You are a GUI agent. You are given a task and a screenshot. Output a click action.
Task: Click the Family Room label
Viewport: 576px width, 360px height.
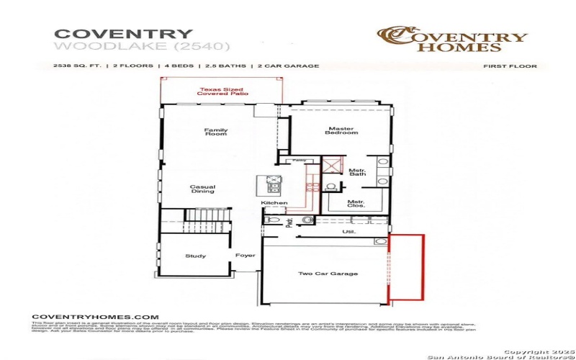(216, 132)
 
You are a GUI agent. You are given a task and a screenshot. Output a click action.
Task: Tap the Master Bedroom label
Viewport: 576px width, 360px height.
(341, 130)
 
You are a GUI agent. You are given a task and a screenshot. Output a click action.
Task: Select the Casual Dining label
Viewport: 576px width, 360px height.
(202, 189)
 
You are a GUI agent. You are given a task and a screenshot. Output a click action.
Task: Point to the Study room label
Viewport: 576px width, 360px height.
(195, 256)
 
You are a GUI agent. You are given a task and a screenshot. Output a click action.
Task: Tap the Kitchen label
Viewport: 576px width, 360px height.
(274, 203)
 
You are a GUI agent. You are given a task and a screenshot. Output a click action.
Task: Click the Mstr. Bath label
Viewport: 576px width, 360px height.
(358, 172)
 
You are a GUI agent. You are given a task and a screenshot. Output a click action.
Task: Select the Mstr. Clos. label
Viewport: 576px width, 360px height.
(356, 204)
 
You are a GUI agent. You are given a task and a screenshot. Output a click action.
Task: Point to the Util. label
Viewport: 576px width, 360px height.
(348, 232)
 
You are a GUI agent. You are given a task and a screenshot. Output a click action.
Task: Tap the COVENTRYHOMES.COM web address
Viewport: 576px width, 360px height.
(95, 317)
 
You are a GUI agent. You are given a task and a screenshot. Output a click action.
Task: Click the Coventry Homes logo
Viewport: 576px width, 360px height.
(453, 40)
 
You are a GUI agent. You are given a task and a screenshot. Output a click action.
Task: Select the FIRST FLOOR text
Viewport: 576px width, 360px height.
(510, 66)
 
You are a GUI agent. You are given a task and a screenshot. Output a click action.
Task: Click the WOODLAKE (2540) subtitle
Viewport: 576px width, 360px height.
(142, 47)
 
